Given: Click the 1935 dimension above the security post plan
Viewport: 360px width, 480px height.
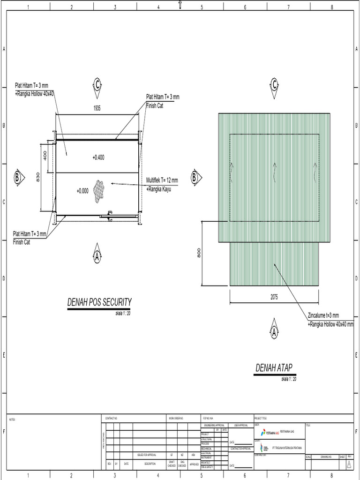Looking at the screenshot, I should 97,108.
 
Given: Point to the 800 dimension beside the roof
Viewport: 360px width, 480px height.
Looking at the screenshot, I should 199,253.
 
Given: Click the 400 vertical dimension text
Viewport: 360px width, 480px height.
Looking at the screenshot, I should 45,155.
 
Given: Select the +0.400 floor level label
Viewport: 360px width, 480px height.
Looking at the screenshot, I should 98,157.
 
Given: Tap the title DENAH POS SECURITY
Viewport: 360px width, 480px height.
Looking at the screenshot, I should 99,302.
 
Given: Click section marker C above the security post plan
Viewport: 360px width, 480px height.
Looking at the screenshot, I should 97,84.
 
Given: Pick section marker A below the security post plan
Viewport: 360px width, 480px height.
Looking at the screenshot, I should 97,256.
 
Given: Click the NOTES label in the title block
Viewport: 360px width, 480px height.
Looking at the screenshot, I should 13,420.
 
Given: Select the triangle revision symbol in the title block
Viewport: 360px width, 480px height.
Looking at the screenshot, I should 348,464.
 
